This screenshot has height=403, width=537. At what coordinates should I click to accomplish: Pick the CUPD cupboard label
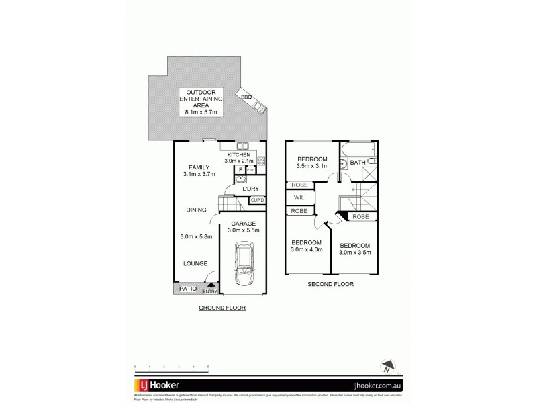click(x=257, y=200)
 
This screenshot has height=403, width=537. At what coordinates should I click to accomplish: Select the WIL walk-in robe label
click(x=299, y=198)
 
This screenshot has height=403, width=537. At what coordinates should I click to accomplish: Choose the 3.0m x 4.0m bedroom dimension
click(x=306, y=249)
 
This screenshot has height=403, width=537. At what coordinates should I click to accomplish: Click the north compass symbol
click(x=387, y=367)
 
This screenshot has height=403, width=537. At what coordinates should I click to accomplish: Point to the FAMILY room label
click(x=199, y=167)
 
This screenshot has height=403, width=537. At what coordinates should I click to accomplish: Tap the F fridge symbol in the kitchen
click(x=240, y=169)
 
